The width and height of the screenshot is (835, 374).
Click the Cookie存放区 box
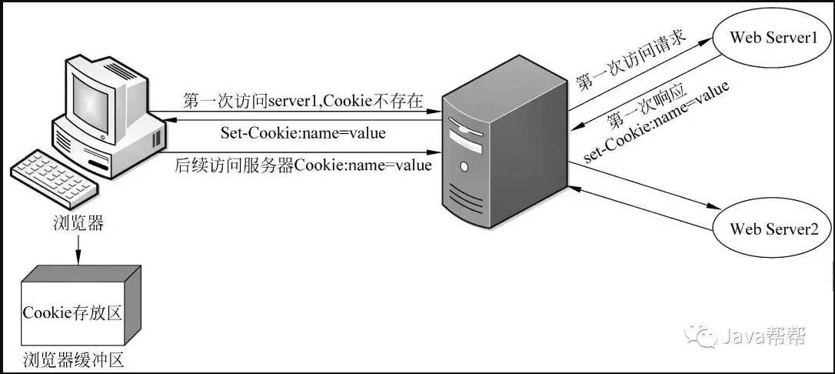tap(80, 306)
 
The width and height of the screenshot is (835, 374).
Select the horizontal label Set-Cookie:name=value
tap(302, 132)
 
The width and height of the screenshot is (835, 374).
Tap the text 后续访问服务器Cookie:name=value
tap(302, 165)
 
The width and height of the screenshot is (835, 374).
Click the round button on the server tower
tap(464, 167)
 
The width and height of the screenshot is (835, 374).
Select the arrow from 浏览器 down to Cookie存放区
tap(78, 249)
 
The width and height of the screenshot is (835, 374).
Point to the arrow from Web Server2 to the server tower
tap(641, 209)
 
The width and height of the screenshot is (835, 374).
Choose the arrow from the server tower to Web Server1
tap(641, 74)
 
